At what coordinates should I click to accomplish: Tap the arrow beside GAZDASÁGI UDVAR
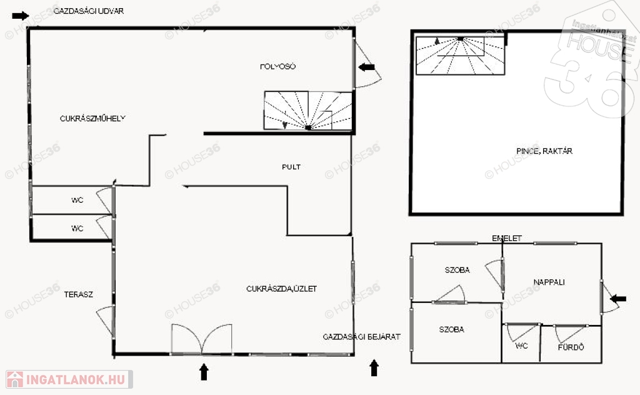[20, 16]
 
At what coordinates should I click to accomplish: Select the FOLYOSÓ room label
[277, 66]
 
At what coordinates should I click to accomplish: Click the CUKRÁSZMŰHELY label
[93, 118]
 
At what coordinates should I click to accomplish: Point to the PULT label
[291, 167]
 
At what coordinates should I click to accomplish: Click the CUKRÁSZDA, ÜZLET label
[281, 289]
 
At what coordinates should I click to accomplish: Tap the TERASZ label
[78, 294]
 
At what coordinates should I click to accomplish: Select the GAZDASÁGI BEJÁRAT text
[361, 337]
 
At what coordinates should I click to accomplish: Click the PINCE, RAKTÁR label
[544, 151]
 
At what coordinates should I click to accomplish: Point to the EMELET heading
[506, 239]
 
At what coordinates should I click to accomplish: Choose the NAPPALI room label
[549, 282]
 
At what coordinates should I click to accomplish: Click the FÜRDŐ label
[571, 347]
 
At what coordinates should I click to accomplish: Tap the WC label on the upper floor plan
[522, 346]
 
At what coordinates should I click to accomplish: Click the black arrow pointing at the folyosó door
[366, 66]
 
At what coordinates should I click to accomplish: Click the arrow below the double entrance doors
[204, 371]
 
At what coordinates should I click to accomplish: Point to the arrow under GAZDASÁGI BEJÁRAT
[374, 367]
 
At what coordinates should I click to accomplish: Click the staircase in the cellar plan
[460, 56]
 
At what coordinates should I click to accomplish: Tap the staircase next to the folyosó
[307, 111]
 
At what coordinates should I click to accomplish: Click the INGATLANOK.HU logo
[69, 379]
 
